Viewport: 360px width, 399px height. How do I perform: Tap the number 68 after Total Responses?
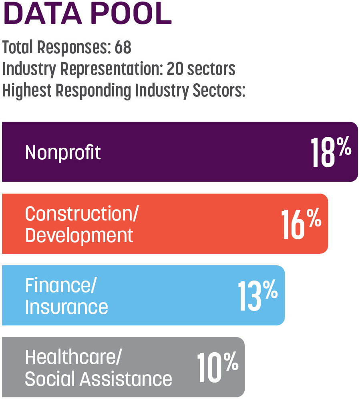(x=123, y=48)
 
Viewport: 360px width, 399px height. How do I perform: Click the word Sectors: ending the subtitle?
(x=219, y=91)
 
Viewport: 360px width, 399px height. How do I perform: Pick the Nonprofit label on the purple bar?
(x=63, y=152)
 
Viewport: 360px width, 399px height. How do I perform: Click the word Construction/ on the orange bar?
(x=81, y=214)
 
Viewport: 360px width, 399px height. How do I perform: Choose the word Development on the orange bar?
(x=79, y=235)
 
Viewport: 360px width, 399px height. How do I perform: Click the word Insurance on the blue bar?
(x=66, y=307)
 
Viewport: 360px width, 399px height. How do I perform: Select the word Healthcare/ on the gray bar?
(x=72, y=357)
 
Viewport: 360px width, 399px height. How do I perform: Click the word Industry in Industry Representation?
(x=29, y=69)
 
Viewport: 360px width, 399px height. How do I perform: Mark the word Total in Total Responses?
(x=18, y=48)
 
